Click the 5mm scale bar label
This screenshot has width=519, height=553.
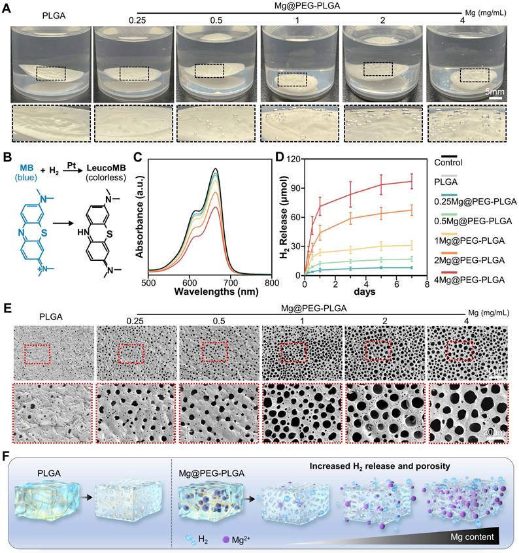(x=495, y=93)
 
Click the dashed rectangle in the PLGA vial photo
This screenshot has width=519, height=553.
(x=51, y=73)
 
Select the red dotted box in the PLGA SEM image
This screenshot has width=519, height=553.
(x=37, y=354)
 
